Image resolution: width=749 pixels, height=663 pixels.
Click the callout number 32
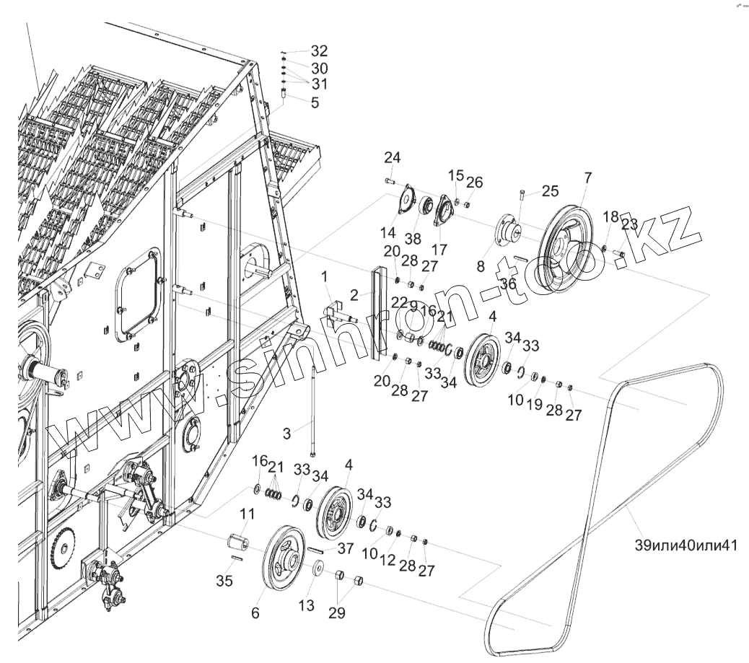coord(319,51)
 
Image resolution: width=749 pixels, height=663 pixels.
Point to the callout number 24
coord(392,158)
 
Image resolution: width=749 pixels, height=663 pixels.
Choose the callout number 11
coord(247,514)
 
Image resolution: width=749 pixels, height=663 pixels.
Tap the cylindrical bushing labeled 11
coord(239,542)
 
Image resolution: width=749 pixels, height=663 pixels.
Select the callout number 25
coord(550,191)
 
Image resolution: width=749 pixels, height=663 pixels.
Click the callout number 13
coord(307,605)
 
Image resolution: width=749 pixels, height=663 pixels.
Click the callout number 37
coord(345,548)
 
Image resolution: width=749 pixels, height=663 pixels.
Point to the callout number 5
coord(315,103)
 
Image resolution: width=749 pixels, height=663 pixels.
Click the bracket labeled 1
coord(334,310)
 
